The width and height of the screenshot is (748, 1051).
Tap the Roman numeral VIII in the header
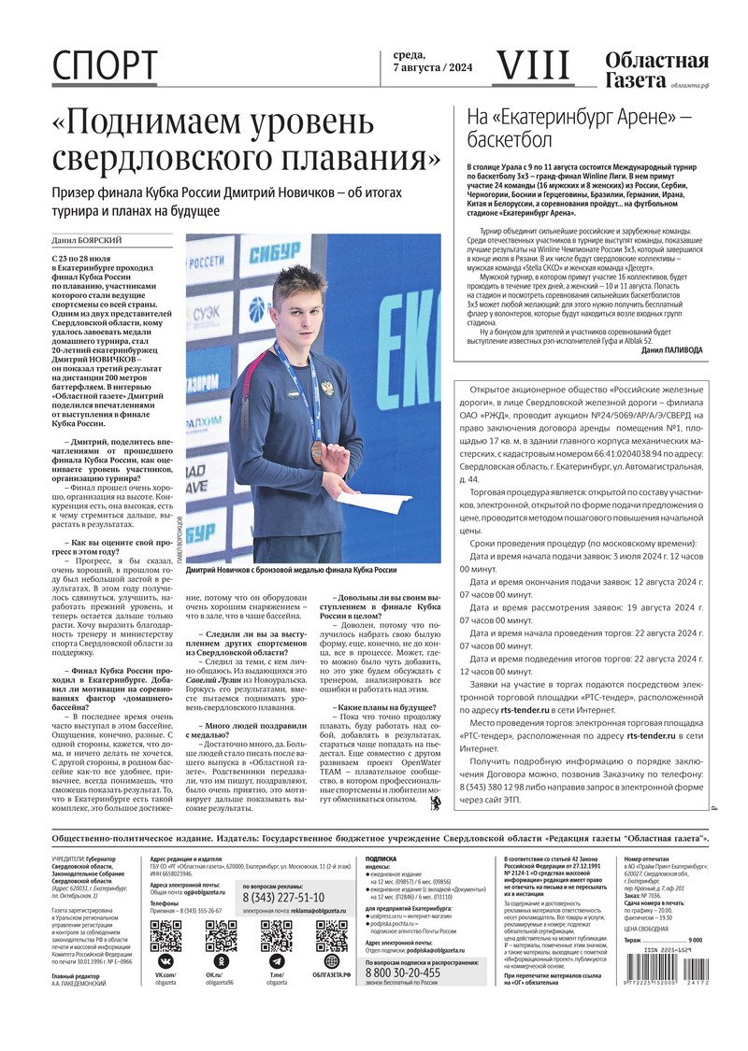[x=531, y=64]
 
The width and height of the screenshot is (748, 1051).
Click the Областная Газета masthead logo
[x=656, y=71]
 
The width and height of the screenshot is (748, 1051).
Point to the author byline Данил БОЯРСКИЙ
[x=86, y=240]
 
